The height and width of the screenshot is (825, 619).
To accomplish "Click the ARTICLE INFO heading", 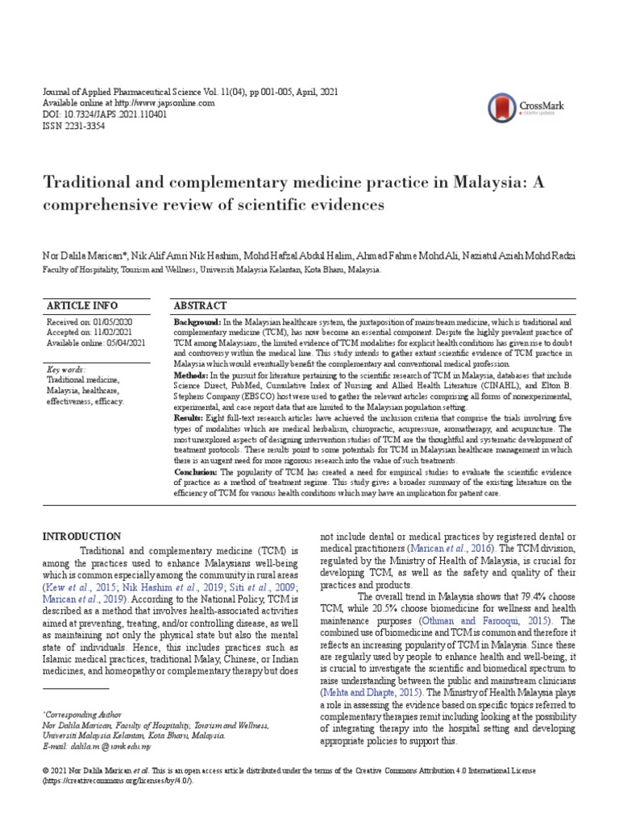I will tap(83, 306).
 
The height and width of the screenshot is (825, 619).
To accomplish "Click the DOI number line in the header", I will tap(104, 115).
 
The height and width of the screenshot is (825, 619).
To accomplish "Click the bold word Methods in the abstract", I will tap(190, 375).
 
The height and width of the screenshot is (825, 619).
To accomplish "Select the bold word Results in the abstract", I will tap(189, 419).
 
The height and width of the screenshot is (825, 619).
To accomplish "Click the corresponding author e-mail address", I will tap(105, 747).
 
